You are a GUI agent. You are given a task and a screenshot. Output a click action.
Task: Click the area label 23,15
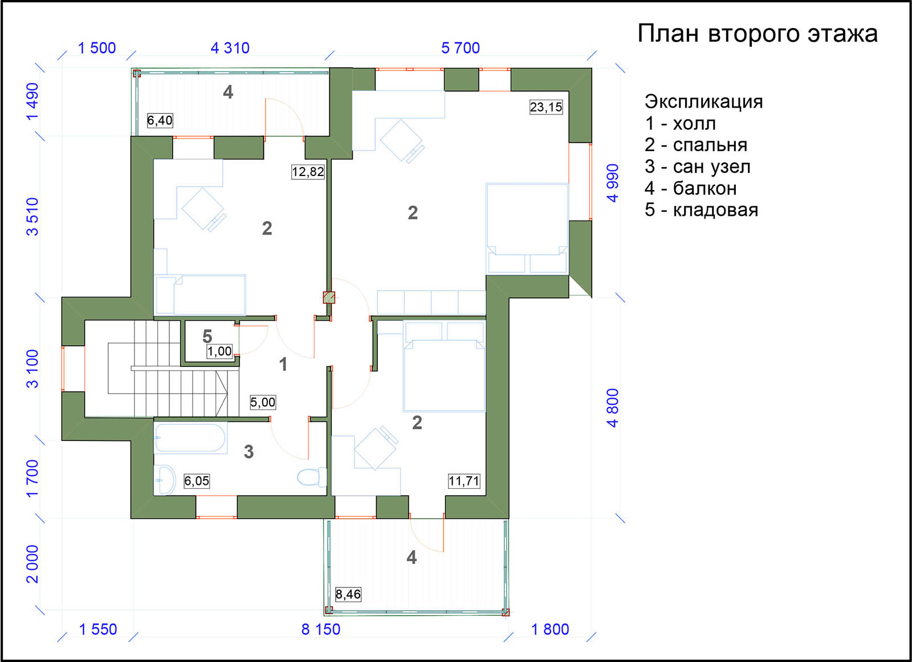click(x=546, y=107)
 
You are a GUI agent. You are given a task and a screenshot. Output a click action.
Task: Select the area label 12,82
click(x=308, y=171)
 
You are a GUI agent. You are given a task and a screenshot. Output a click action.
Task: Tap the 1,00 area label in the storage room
click(x=219, y=351)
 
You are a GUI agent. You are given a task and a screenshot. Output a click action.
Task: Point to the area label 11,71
click(x=464, y=481)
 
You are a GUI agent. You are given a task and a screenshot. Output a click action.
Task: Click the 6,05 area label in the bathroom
click(x=197, y=481)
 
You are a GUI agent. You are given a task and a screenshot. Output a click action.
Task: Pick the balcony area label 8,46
click(x=348, y=594)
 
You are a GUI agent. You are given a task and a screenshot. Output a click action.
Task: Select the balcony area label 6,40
click(x=160, y=120)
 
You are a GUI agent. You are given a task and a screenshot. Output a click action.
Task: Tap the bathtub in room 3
click(x=190, y=438)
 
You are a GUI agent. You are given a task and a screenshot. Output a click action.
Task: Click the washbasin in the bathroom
click(x=165, y=480)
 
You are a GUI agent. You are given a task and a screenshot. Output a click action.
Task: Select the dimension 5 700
click(x=461, y=48)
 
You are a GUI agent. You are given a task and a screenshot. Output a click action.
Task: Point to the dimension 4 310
click(x=230, y=48)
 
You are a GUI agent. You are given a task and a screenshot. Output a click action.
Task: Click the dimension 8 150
click(x=321, y=630)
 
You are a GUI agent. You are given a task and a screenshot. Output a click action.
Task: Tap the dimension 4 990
click(x=613, y=183)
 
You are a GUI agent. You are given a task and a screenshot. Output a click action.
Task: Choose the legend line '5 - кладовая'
click(x=701, y=210)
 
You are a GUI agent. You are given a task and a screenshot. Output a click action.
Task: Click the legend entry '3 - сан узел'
click(x=698, y=167)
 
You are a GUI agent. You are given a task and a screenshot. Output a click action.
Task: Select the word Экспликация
click(x=703, y=102)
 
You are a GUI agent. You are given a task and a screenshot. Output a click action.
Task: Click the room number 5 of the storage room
click(x=207, y=337)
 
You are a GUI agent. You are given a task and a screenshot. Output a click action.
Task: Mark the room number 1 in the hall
click(x=283, y=364)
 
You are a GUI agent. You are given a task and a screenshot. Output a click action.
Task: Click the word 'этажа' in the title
click(x=843, y=34)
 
